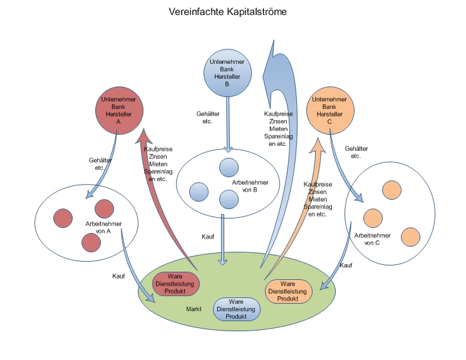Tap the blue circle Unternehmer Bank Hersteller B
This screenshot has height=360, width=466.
[227, 73]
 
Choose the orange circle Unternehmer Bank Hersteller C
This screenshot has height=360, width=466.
[329, 111]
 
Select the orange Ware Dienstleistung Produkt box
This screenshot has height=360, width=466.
[287, 291]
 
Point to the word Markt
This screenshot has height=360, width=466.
[194, 310]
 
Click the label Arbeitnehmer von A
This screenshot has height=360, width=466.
[104, 227]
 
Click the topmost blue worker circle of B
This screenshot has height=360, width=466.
[229, 168]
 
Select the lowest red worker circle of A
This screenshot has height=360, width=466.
[91, 242]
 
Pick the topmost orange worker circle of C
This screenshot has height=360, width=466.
[392, 190]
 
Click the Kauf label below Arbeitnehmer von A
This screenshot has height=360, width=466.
[119, 276]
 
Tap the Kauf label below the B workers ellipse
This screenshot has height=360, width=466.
[208, 237]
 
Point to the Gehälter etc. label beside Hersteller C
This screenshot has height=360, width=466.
[356, 152]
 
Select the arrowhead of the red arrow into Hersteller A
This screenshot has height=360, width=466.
[146, 135]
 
